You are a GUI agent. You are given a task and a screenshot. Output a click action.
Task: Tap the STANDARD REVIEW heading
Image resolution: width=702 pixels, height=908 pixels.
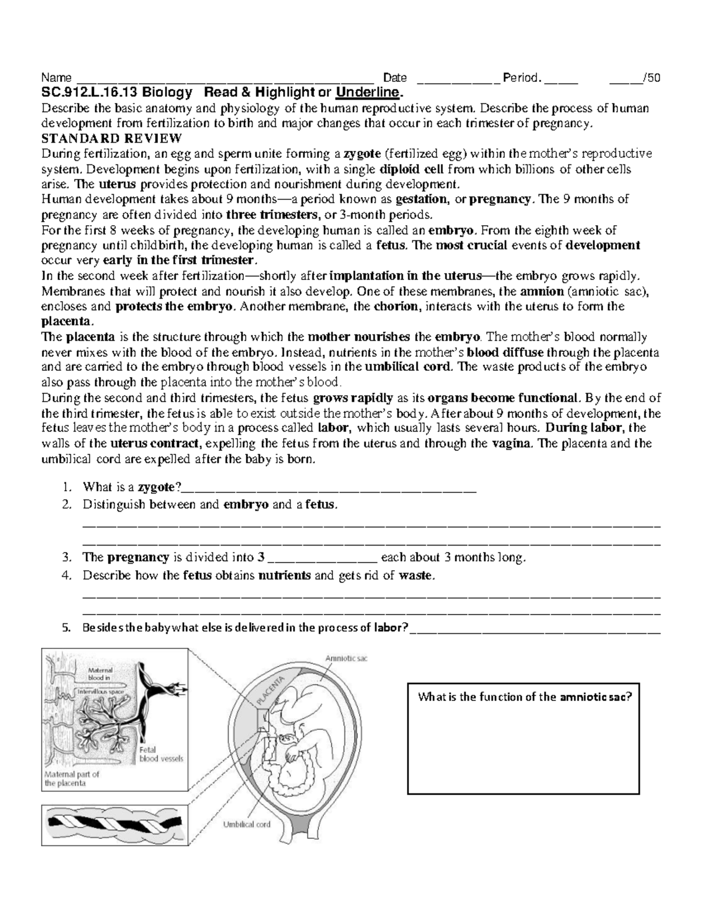pyautogui.click(x=111, y=139)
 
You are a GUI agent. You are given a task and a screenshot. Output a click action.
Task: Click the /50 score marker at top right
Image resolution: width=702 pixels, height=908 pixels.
pyautogui.click(x=652, y=78)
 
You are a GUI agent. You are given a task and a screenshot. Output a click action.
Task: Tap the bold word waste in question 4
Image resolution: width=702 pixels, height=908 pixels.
pyautogui.click(x=416, y=576)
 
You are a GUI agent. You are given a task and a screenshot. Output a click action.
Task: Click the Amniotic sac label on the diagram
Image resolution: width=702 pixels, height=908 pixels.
pyautogui.click(x=346, y=658)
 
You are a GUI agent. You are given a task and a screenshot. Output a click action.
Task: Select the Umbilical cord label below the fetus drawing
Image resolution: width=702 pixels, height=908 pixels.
pyautogui.click(x=247, y=824)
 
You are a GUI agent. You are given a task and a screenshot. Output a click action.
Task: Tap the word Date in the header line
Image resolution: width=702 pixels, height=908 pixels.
pyautogui.click(x=394, y=78)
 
